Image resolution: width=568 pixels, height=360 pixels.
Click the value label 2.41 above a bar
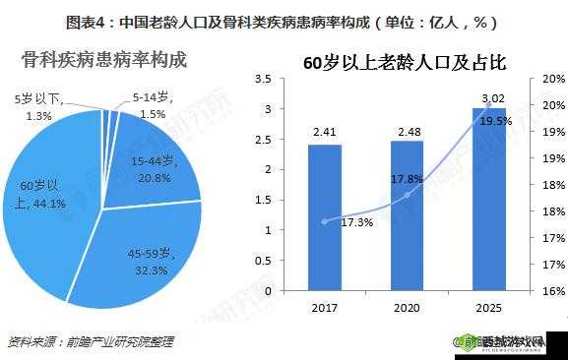coord(325,132)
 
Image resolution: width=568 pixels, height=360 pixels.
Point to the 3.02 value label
coord(492,97)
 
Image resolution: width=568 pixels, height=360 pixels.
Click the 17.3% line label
coord(356,222)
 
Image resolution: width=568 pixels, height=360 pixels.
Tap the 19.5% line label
coord(496,121)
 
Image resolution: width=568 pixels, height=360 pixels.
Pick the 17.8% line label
coord(407,179)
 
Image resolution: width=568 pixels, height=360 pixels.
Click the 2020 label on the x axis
coord(407,308)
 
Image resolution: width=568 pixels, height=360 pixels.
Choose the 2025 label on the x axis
coord(489,308)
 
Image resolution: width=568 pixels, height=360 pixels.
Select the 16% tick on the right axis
coord(552,291)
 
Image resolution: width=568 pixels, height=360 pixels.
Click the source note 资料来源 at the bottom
coord(90,342)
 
